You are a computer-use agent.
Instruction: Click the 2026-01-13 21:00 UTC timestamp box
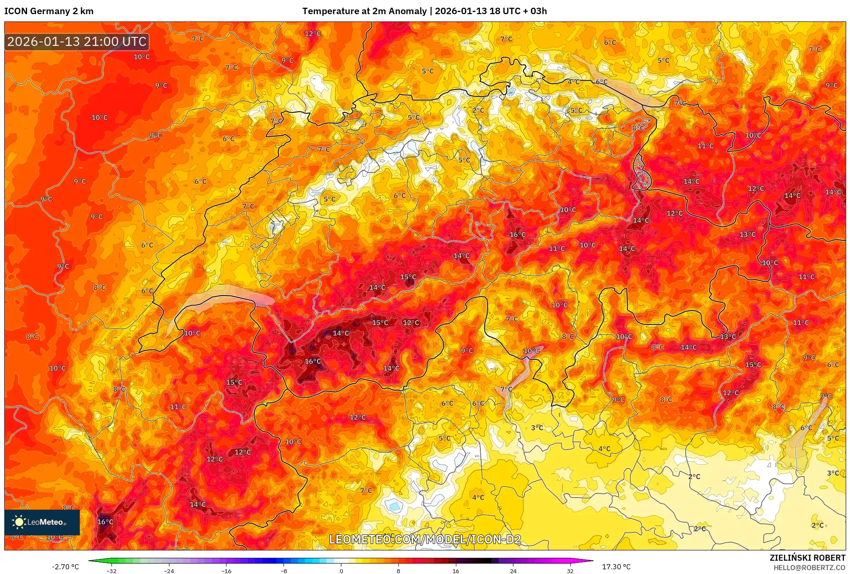pyautogui.click(x=77, y=42)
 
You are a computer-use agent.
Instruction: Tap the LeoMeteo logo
pyautogui.click(x=42, y=522)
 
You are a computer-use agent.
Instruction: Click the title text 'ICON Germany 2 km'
pyautogui.click(x=49, y=11)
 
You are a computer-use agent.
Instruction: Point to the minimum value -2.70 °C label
pyautogui.click(x=66, y=567)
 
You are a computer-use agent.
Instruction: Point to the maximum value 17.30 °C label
pyautogui.click(x=616, y=567)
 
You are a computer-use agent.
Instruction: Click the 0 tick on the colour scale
pyautogui.click(x=341, y=571)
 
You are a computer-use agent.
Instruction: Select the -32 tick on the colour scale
pyautogui.click(x=112, y=571)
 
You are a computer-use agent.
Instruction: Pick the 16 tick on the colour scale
pyautogui.click(x=455, y=571)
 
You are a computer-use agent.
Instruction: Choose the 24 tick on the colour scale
pyautogui.click(x=513, y=571)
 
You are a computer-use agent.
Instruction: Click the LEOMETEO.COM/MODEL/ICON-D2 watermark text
pyautogui.click(x=425, y=539)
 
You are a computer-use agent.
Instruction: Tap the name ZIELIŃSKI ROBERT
pyautogui.click(x=808, y=558)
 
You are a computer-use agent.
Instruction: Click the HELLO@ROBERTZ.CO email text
pyautogui.click(x=809, y=568)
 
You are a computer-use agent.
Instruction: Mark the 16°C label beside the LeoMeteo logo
pyautogui.click(x=105, y=522)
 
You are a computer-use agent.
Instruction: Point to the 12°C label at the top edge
pyautogui.click(x=313, y=33)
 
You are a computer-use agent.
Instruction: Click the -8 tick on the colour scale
pyautogui.click(x=284, y=571)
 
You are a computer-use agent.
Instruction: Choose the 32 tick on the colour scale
pyautogui.click(x=570, y=571)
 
